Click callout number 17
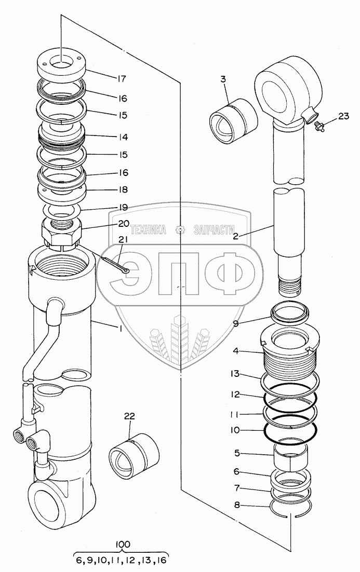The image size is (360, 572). [x=122, y=79]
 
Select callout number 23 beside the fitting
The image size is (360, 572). [x=343, y=116]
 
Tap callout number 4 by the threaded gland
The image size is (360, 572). [x=235, y=351]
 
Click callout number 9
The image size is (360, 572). [x=235, y=322]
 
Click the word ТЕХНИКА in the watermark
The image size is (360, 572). [x=148, y=230]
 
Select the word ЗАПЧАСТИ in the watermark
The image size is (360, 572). [x=214, y=230]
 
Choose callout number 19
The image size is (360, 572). [x=123, y=207]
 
